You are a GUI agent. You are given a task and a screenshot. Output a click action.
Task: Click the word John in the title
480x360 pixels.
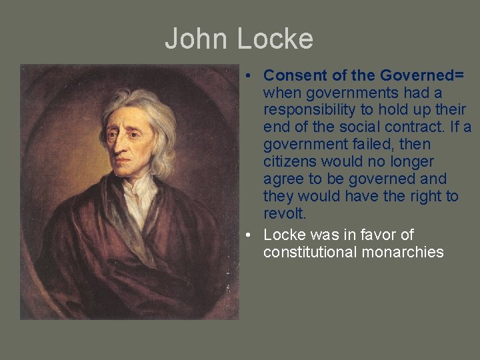(x=196, y=39)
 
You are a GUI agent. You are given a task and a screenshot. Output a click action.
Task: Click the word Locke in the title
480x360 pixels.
(x=274, y=39)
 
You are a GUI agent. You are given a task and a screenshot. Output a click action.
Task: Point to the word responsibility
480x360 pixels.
(x=307, y=109)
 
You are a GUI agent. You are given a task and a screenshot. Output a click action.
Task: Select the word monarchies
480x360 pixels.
(x=404, y=252)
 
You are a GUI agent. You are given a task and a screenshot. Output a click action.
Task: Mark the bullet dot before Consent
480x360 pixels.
(x=247, y=75)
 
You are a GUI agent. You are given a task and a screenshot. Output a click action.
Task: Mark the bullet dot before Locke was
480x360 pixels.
(x=247, y=235)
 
